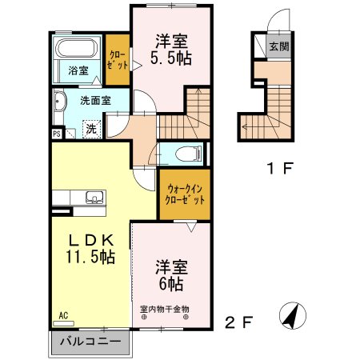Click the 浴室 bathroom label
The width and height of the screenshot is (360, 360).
(77, 70)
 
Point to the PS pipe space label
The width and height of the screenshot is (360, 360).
(57, 134)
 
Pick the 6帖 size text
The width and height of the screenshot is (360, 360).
(170, 283)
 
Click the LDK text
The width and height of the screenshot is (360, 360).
(90, 240)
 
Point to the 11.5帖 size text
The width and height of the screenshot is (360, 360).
(90, 258)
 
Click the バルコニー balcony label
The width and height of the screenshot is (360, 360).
(94, 342)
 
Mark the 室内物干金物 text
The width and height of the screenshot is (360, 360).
(165, 309)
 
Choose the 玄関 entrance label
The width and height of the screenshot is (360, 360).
(278, 46)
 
